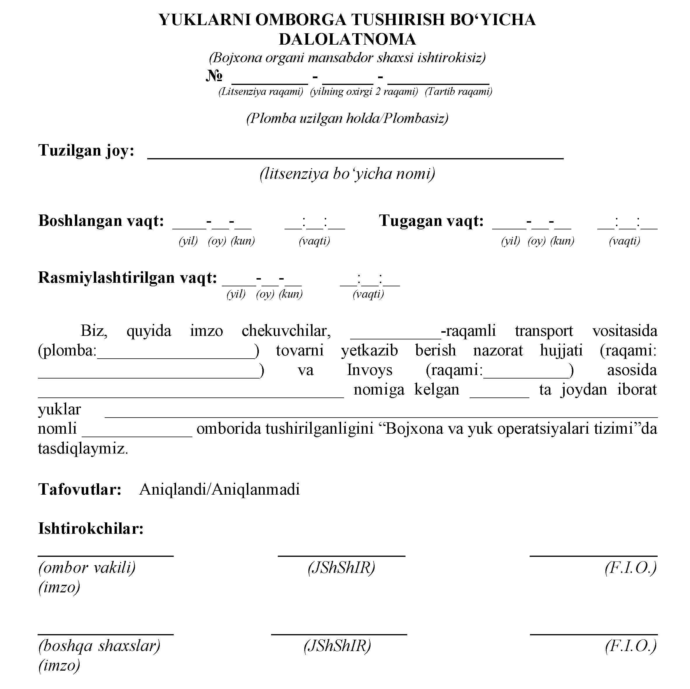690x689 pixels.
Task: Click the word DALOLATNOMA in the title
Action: [347, 39]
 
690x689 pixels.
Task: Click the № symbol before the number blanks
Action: [214, 76]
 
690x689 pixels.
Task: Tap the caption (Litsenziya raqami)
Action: [261, 92]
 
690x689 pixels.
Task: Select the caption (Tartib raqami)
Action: [459, 92]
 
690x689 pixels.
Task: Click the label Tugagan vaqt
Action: [431, 221]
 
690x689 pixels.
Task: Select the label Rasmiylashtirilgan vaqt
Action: [127, 278]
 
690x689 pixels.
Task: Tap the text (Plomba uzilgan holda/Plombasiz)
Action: [347, 118]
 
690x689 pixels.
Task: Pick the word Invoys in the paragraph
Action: [370, 370]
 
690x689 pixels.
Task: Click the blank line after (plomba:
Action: [176, 357]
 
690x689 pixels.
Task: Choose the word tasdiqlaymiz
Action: [83, 448]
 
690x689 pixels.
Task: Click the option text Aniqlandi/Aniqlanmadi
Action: [219, 489]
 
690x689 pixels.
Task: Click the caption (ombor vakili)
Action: [87, 568]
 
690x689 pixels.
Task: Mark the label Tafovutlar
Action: [80, 489]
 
